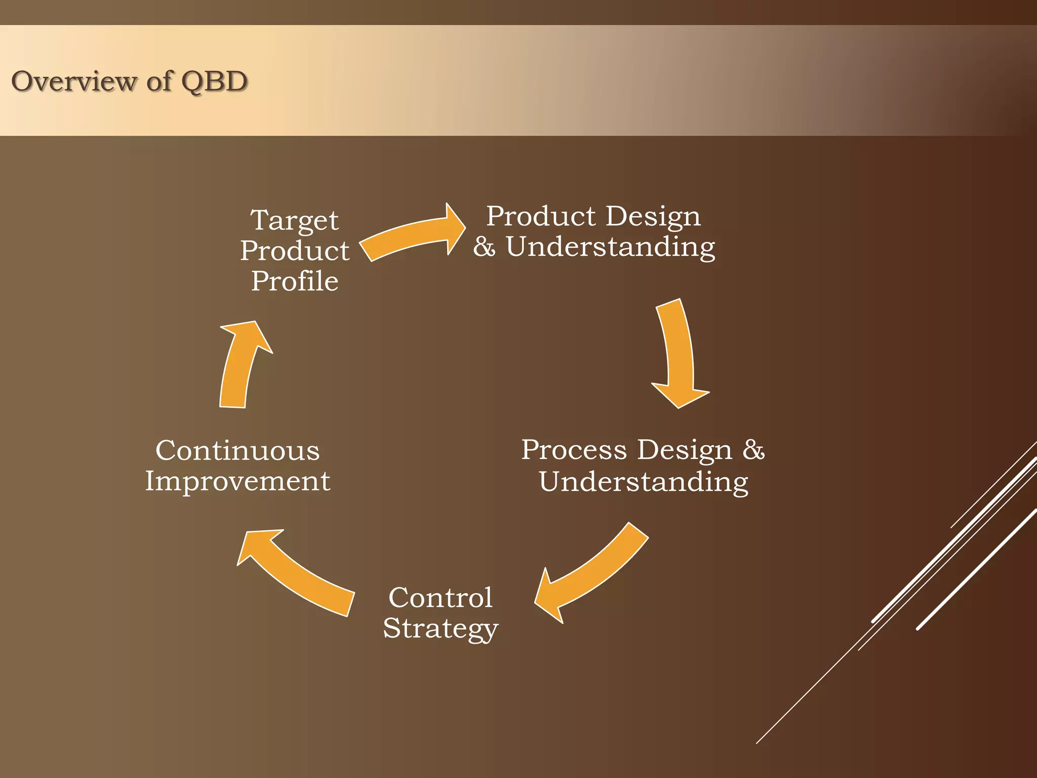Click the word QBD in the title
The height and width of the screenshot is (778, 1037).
(x=214, y=82)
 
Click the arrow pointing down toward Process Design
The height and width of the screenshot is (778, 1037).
(x=679, y=355)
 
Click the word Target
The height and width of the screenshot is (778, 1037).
(x=294, y=221)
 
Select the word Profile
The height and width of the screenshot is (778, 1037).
(x=295, y=281)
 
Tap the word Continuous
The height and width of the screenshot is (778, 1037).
(x=237, y=450)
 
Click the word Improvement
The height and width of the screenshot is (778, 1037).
(x=237, y=481)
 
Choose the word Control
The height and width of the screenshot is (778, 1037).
(x=440, y=598)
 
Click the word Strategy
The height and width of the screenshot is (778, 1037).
(x=440, y=629)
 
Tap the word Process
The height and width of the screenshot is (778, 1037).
(x=574, y=450)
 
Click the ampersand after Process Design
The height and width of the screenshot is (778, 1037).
(x=753, y=450)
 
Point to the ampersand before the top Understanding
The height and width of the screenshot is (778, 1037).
(x=484, y=247)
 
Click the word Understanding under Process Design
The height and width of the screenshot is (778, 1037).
(x=643, y=481)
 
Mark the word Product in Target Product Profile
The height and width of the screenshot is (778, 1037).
(x=295, y=251)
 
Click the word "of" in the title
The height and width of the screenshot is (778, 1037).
(x=159, y=81)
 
